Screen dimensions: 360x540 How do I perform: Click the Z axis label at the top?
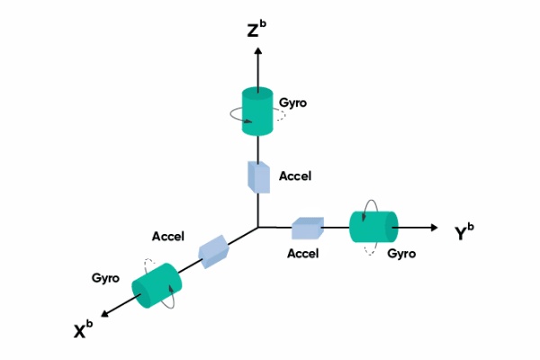tap(256, 31)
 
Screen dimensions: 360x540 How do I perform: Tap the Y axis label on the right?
tap(466, 232)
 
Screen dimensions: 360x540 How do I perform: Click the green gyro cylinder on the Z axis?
tap(257, 112)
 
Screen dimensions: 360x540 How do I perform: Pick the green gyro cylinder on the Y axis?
tap(373, 227)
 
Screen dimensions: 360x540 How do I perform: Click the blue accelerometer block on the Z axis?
tap(258, 176)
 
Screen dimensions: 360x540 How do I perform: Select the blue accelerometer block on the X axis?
tap(214, 251)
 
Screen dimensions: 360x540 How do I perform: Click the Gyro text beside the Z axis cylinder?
tap(293, 103)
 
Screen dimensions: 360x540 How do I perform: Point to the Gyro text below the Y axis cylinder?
tap(401, 254)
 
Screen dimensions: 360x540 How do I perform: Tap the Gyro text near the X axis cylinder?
tap(106, 278)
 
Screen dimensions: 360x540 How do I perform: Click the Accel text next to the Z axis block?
tap(295, 176)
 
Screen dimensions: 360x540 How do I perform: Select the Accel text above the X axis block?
tap(168, 237)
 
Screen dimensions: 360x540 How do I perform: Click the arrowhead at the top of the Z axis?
tap(258, 52)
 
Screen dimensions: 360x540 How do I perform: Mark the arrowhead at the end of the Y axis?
tap(436, 227)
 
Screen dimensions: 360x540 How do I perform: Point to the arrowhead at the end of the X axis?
tap(104, 313)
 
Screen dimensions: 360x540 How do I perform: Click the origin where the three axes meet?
tap(258, 227)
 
